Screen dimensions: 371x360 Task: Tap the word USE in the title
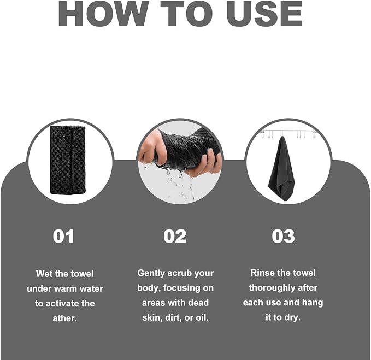[x=264, y=14]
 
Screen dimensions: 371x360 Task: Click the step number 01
[x=63, y=236]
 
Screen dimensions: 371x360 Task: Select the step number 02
[x=175, y=236]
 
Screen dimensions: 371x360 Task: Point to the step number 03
[x=283, y=236]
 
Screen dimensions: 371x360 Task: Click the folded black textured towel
[x=67, y=160]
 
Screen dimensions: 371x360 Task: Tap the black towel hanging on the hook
[x=281, y=168]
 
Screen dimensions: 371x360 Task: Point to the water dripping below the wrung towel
[x=180, y=184]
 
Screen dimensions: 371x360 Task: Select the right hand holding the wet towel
[x=208, y=163]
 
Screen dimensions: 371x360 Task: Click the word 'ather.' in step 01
[x=64, y=318]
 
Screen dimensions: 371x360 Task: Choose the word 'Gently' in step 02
[x=151, y=274]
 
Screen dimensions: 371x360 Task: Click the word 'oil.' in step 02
[x=202, y=317]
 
